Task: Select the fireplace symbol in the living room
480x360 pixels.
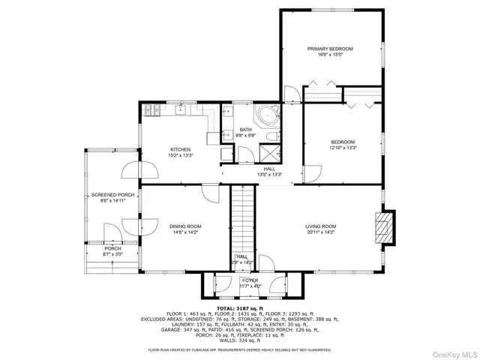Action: pos(383,226)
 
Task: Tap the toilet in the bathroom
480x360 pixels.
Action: pos(225,154)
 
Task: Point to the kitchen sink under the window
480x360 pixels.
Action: pos(182,110)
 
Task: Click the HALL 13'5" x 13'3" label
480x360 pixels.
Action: pos(268,172)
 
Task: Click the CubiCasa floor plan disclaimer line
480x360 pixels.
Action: pos(240,349)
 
